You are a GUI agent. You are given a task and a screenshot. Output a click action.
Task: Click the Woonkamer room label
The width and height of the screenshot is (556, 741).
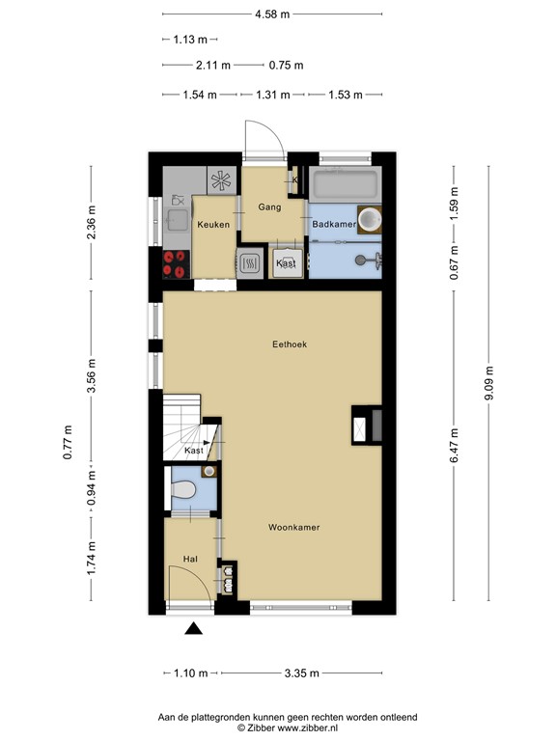coord(294,528)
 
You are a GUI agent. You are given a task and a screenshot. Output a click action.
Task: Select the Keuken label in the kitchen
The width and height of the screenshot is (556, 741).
coord(212,225)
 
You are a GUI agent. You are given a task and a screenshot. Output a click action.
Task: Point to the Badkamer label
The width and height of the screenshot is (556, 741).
coord(334,224)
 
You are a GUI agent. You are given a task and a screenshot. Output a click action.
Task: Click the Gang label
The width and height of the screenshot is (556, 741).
coord(269,206)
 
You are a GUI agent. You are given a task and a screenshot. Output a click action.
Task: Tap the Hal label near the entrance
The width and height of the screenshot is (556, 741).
coord(190,559)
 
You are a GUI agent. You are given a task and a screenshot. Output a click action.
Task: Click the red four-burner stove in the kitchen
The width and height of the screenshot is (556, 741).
coord(175,258)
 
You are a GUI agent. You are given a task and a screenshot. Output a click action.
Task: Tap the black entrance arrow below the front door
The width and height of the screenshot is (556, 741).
coord(194,629)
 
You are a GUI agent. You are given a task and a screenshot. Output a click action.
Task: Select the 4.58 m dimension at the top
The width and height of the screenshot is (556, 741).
coord(272,14)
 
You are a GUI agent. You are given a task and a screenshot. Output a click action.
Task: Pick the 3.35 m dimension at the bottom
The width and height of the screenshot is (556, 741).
coord(297,674)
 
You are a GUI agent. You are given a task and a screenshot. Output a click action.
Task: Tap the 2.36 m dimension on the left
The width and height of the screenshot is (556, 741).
coord(92,223)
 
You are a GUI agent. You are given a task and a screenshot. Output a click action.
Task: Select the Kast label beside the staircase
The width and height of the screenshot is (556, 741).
coord(194,451)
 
